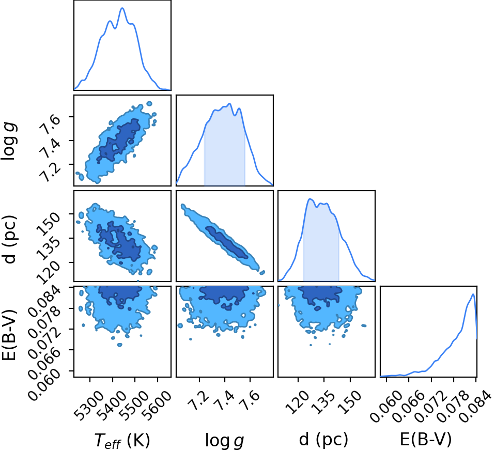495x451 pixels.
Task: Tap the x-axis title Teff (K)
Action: (122, 440)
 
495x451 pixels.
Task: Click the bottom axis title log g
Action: (224, 440)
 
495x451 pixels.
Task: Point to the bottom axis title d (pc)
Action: (323, 439)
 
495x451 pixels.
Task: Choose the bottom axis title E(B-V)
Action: (426, 439)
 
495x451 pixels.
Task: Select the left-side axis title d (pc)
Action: (9, 239)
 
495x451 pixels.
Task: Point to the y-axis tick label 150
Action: (48, 224)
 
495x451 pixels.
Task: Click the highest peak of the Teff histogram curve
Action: (122, 8)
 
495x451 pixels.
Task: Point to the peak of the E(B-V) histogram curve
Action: (473, 294)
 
